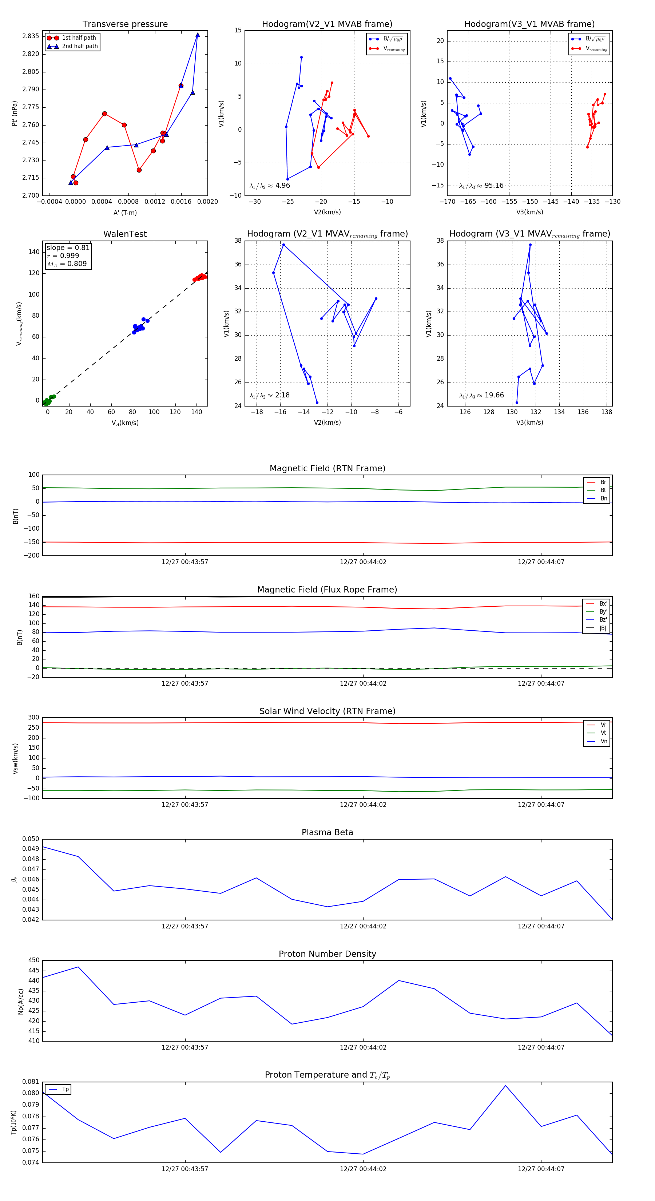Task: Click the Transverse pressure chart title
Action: [125, 24]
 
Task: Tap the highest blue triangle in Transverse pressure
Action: [198, 35]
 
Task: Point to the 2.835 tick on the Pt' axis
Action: [31, 36]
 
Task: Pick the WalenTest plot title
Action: [125, 234]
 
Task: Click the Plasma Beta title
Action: [327, 833]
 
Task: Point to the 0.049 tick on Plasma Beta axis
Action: [31, 849]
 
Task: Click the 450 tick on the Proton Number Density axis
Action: [34, 960]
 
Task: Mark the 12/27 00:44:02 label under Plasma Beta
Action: [363, 926]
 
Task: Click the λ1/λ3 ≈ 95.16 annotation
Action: [481, 186]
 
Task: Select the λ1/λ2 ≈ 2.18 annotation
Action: [269, 395]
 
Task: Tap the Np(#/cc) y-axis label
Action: [20, 1002]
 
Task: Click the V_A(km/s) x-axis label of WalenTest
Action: [125, 423]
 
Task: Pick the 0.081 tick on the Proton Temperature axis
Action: [31, 1082]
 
